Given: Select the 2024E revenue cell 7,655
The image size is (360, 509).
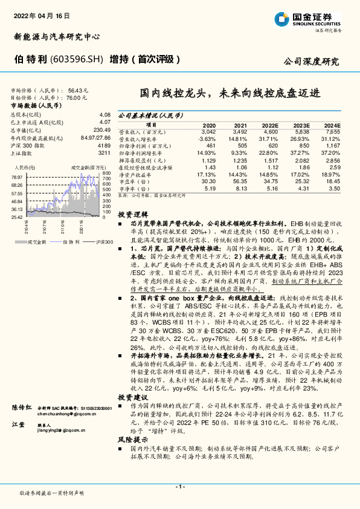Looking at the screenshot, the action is (x=333, y=131).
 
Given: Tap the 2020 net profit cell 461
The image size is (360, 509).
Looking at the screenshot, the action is (x=210, y=145).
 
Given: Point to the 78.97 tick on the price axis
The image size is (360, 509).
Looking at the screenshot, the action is (x=16, y=177).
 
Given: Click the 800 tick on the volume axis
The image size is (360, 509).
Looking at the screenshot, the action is (x=106, y=173).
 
